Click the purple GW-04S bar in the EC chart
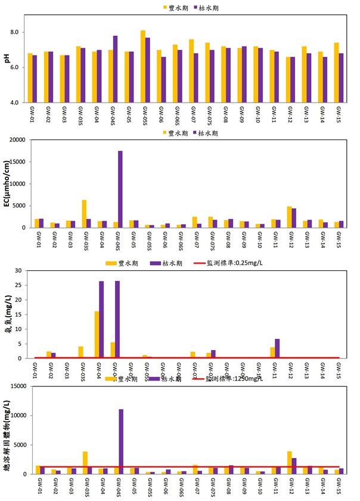(120, 189)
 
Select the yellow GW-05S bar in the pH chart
(143, 66)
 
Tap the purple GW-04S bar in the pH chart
(116, 69)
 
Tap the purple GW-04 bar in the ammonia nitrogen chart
(101, 320)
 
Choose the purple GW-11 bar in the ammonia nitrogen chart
(277, 348)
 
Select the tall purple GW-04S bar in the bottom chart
(120, 441)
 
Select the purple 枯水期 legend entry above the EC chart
(206, 133)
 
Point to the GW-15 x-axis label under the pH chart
(338, 113)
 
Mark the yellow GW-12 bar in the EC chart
(289, 217)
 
